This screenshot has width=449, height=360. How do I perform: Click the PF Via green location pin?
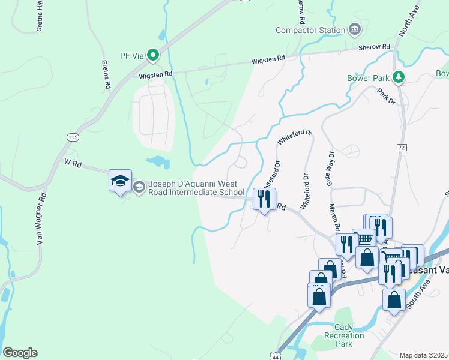coord(153,56)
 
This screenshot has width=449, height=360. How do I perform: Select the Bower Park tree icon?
coord(397,77)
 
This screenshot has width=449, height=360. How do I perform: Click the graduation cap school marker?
coord(120,180)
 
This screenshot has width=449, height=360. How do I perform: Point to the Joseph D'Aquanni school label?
coord(193,188)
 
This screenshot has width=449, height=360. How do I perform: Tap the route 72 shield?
coord(402,147)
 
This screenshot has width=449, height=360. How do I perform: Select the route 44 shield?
coord(275,356)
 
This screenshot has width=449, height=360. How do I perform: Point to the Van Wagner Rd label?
coord(41,218)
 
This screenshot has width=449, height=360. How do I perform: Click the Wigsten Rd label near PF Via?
coord(155,74)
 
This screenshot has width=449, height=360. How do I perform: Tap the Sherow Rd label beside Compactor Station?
coord(374,47)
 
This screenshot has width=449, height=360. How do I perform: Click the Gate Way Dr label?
coord(330,168)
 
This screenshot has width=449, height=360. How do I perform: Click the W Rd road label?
coord(72,163)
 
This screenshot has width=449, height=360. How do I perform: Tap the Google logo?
coord(20,353)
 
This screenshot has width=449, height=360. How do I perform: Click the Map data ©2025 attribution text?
coord(423,355)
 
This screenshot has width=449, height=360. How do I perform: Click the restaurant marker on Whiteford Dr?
coord(265,199)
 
